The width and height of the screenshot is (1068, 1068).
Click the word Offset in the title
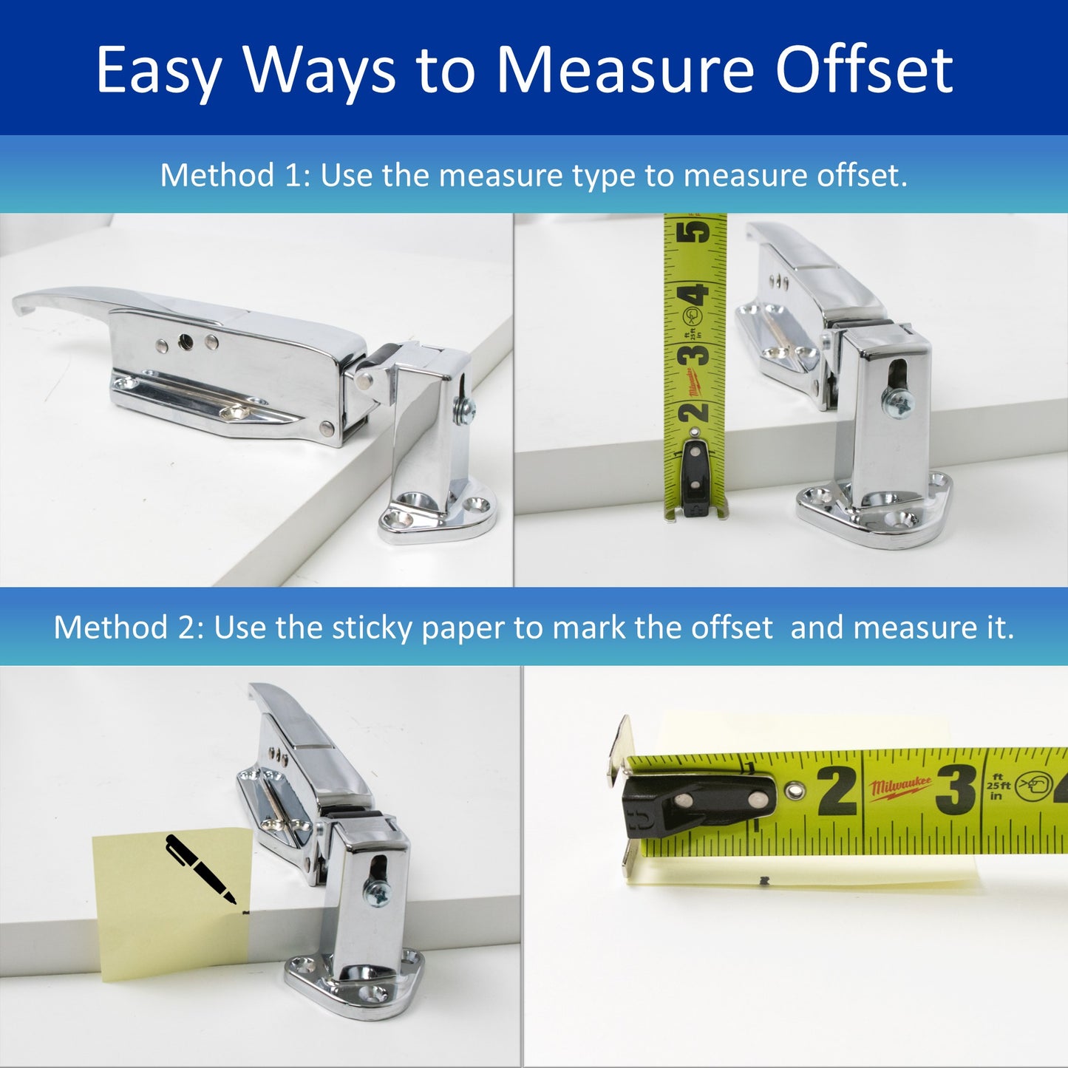click(864, 70)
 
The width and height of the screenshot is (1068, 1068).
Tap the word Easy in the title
click(158, 72)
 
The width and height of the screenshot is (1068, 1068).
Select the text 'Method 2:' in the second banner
click(129, 627)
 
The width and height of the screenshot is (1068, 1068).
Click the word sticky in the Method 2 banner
click(367, 627)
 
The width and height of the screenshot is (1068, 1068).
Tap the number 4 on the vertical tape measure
click(696, 295)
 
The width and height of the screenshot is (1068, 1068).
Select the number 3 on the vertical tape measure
click(695, 354)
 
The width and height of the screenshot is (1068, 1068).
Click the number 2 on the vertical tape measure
click(695, 412)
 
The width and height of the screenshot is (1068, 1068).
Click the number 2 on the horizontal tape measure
click(837, 791)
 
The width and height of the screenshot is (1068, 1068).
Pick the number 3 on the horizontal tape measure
click(956, 789)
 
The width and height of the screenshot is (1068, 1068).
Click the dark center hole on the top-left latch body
click(186, 341)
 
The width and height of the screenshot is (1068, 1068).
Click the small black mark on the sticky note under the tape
click(764, 881)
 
